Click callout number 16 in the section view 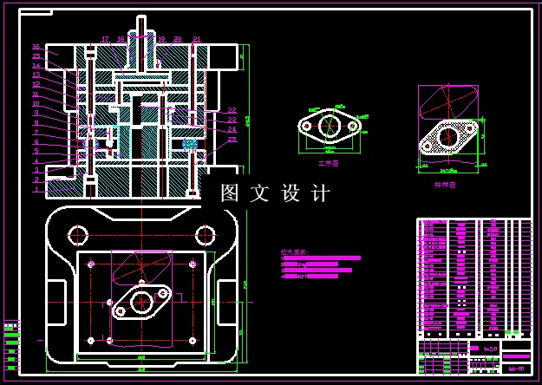click(x=36, y=47)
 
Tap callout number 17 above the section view click(x=105, y=40)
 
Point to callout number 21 click(x=197, y=40)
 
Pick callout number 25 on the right click(x=232, y=140)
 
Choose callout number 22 click(x=232, y=110)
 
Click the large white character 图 click(x=229, y=193)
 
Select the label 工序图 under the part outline click(x=329, y=162)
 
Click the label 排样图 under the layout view click(x=445, y=185)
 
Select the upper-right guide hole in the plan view click(x=205, y=234)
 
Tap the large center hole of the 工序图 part click(x=330, y=126)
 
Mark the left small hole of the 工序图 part click(x=305, y=126)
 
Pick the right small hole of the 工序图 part click(x=354, y=126)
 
